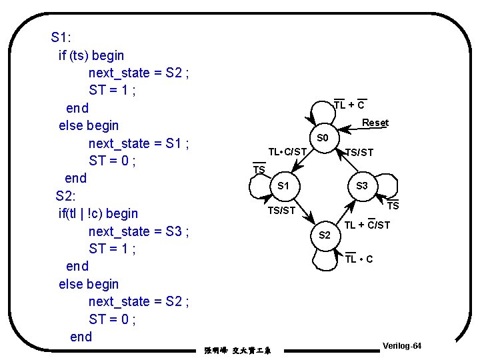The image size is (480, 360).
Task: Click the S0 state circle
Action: pos(323,138)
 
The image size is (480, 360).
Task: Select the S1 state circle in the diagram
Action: pos(283,185)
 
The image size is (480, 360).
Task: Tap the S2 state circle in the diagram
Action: pos(325,235)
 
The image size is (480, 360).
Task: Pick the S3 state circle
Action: pos(362,185)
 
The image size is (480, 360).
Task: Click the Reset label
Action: pos(375,123)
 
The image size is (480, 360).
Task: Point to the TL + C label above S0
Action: pos(349,105)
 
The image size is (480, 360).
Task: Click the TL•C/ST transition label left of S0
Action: pos(287,152)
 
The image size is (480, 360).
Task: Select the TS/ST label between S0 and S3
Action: pos(359,153)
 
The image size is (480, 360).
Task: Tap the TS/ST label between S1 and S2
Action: pos(281,211)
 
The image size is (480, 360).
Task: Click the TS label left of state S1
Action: pos(259,170)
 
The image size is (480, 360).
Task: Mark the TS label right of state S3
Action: pos(393,206)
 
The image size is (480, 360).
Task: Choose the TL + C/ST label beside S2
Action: pos(367,225)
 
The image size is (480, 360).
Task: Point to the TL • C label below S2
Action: pos(359,259)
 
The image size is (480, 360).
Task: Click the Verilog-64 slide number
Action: pos(402,346)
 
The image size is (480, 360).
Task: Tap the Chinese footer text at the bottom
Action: pos(243,350)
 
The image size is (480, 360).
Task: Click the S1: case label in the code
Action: pos(61,37)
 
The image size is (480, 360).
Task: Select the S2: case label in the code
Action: pos(66,196)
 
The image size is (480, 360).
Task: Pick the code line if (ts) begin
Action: pos(91,55)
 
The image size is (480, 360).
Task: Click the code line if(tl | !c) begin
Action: pos(99,213)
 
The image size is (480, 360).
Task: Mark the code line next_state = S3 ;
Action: pos(139,231)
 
